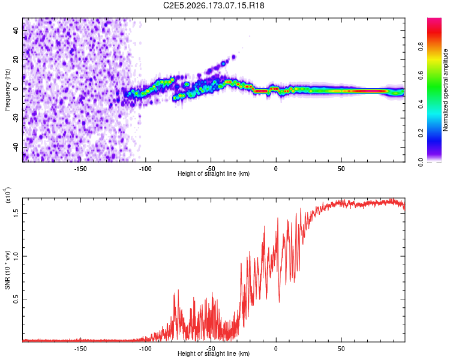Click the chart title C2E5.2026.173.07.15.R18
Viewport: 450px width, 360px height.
[x=214, y=5]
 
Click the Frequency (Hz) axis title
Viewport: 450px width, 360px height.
[x=7, y=90]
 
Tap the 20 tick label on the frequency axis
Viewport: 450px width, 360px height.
[x=16, y=60]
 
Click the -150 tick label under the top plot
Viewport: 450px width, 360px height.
[x=80, y=169]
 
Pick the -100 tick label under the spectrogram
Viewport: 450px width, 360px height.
[x=146, y=169]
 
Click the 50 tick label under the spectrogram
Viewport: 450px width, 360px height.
[x=341, y=169]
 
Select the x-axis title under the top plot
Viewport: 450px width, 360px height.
[x=214, y=173]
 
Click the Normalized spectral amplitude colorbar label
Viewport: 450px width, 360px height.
[x=445, y=90]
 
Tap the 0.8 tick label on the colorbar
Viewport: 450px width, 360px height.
[x=421, y=47]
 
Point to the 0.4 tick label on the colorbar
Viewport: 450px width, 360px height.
[x=421, y=104]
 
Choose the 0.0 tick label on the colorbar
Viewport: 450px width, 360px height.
[x=421, y=162]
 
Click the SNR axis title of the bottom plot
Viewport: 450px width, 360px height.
[x=8, y=270]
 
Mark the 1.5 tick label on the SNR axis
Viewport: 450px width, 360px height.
[x=16, y=214]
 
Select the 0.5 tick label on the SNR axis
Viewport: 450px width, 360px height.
[x=16, y=299]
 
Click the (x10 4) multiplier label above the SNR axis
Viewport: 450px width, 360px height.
[x=8, y=195]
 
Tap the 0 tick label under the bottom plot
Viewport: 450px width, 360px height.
[x=276, y=349]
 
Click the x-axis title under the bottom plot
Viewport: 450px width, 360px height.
[x=214, y=353]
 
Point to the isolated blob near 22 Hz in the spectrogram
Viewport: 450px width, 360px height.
[x=233, y=57]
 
